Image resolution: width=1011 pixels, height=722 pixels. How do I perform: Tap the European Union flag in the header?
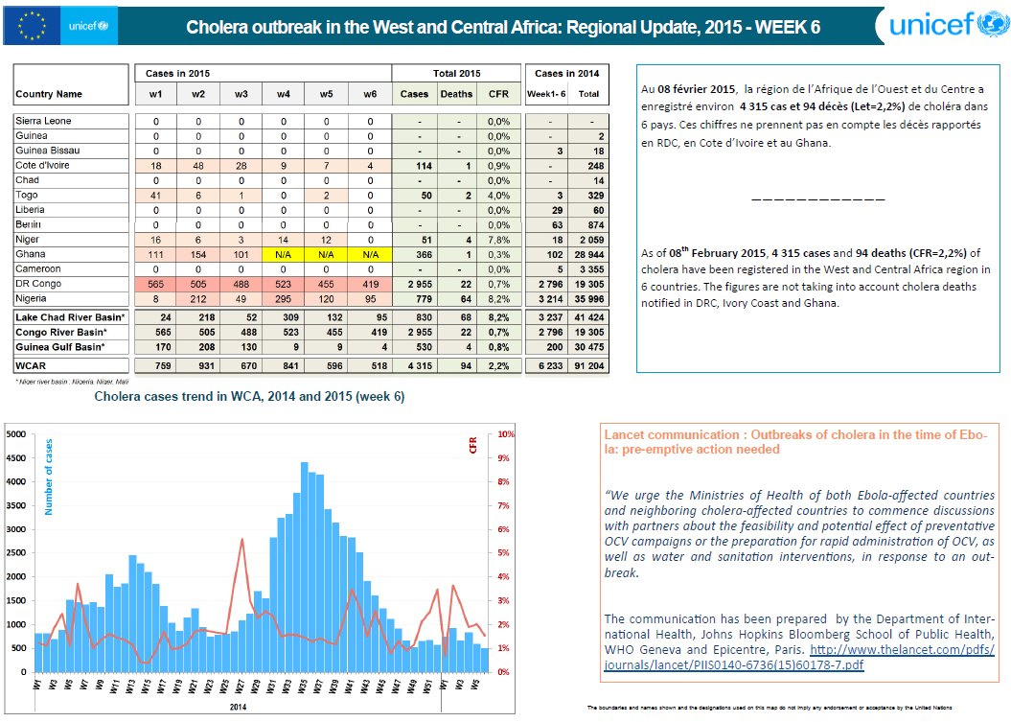pos(32,25)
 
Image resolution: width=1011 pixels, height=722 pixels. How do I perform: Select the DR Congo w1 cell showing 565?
pos(155,284)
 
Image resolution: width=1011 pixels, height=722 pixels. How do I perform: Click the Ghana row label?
pos(31,254)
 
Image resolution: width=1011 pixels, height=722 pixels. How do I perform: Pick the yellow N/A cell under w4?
pos(284,254)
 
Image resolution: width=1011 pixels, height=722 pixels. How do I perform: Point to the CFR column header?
pos(498,94)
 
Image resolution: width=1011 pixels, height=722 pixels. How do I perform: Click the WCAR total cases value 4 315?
pos(414,365)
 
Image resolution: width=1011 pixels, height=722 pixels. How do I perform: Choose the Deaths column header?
pos(455,94)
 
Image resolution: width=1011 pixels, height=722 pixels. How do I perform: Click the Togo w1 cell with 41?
pos(155,195)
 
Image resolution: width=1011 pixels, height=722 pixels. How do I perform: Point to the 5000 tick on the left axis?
pos(17,434)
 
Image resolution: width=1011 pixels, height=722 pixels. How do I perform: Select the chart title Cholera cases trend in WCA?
pos(248,397)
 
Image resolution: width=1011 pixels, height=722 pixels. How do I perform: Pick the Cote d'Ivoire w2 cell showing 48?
pos(198,165)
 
